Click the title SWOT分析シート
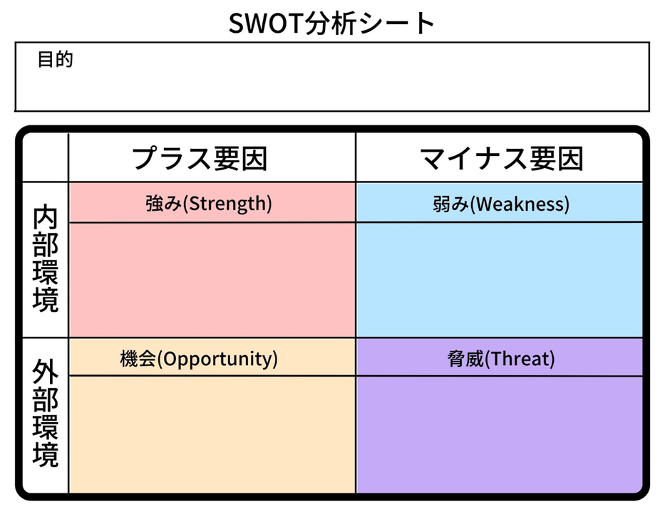(x=331, y=23)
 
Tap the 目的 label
(x=56, y=59)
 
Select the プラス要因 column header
(x=200, y=158)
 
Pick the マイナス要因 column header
(x=502, y=158)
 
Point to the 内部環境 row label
(x=46, y=260)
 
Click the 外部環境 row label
(x=46, y=414)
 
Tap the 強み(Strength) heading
(x=208, y=204)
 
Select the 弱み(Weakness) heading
(x=500, y=204)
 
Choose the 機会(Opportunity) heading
(x=199, y=359)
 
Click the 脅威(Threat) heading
(x=500, y=359)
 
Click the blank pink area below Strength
(x=212, y=279)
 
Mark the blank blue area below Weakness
(x=499, y=279)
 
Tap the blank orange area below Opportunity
(x=212, y=434)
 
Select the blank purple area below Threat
(x=499, y=434)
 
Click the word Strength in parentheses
(x=228, y=204)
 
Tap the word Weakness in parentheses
(x=522, y=204)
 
